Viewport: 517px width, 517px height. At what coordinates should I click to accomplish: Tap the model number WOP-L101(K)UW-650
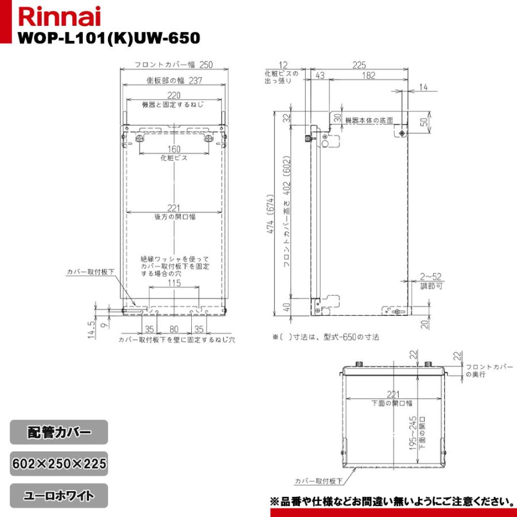[x=109, y=38]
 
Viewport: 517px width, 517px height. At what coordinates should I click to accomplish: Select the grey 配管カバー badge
[x=59, y=432]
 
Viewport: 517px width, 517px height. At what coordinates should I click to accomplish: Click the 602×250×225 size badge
[x=59, y=464]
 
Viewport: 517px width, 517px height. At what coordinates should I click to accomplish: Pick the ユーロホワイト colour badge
[x=59, y=495]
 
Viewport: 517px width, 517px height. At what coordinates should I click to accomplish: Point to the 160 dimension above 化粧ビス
[x=173, y=149]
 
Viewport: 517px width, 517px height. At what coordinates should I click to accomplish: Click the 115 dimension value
[x=174, y=283]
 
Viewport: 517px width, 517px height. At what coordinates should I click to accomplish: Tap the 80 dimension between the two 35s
[x=173, y=330]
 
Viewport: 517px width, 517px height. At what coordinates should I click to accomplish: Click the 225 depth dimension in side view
[x=360, y=65]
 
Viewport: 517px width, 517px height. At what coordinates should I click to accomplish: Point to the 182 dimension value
[x=369, y=76]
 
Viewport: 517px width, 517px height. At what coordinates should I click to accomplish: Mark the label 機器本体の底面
[x=369, y=121]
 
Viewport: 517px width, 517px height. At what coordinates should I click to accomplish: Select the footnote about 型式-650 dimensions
[x=326, y=337]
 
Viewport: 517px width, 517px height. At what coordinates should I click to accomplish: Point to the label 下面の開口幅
[x=392, y=403]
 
